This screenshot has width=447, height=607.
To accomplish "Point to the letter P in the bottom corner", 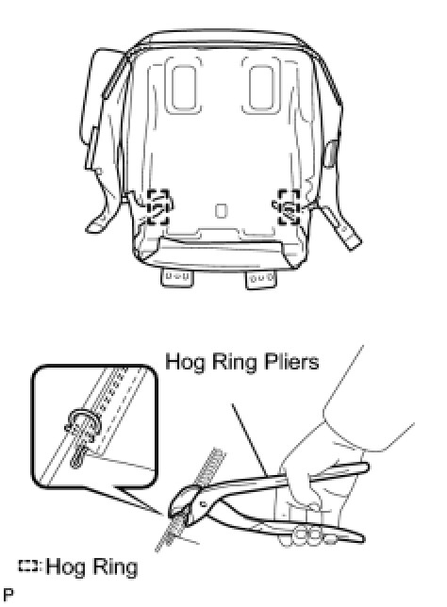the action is [x=8, y=594].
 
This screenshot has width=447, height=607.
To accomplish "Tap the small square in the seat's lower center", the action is [x=221, y=210].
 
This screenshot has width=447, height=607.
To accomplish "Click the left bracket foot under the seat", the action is [x=176, y=278].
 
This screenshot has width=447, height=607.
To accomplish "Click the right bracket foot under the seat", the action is [x=261, y=280].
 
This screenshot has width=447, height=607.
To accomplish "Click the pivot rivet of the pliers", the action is [x=202, y=504].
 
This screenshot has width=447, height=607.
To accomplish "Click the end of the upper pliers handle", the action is [x=365, y=468].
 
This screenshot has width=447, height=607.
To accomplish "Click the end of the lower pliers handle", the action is [x=360, y=537].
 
